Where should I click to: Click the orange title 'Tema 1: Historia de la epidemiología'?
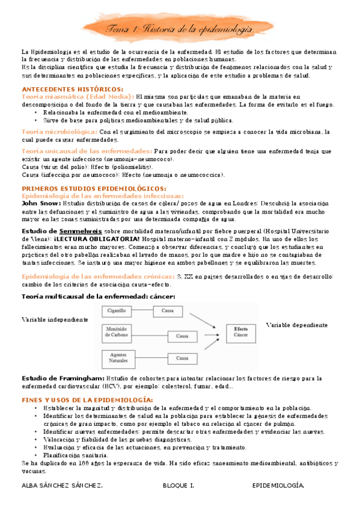click(x=180, y=29)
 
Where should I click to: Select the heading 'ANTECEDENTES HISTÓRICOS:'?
click(x=64, y=89)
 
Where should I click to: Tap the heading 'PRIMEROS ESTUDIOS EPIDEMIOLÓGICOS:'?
click(x=85, y=188)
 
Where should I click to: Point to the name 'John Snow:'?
click(x=40, y=203)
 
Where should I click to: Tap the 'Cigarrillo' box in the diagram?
click(x=117, y=311)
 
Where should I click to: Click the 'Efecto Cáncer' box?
click(x=240, y=332)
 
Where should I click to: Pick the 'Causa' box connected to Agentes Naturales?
click(x=183, y=358)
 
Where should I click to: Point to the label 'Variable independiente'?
click(x=55, y=319)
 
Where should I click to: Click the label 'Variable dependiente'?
click(x=297, y=325)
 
